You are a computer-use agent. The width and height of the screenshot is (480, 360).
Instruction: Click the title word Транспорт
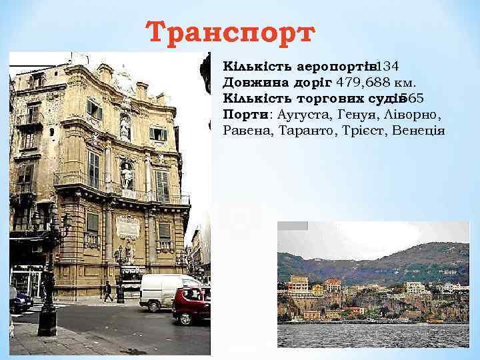(x=229, y=31)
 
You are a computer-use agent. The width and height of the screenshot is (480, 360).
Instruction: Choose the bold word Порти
(x=238, y=114)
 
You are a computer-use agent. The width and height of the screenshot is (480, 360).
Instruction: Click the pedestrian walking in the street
(x=108, y=291)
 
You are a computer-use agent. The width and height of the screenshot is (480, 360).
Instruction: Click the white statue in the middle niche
(x=126, y=175)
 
